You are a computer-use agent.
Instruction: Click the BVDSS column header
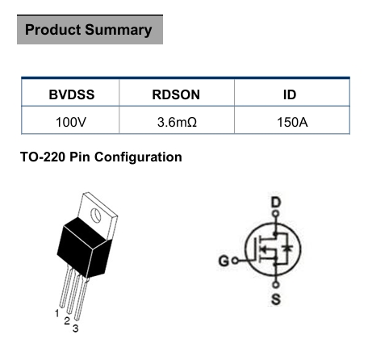pyautogui.click(x=72, y=94)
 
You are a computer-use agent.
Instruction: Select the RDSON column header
pyautogui.click(x=176, y=94)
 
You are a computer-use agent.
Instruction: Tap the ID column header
pyautogui.click(x=290, y=94)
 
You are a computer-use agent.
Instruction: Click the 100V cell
pyautogui.click(x=71, y=122)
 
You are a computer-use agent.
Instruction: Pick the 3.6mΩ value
pyautogui.click(x=177, y=122)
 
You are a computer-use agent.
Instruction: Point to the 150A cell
pyautogui.click(x=292, y=122)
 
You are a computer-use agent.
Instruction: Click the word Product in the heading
pyautogui.click(x=52, y=29)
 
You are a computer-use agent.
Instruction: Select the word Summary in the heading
pyautogui.click(x=119, y=30)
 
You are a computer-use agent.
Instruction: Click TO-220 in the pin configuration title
pyautogui.click(x=43, y=157)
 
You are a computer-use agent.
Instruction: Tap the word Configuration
pyautogui.click(x=138, y=157)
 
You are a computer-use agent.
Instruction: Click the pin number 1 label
pyautogui.click(x=57, y=313)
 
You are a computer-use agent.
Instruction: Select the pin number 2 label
pyautogui.click(x=67, y=320)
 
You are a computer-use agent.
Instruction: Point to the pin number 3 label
pyautogui.click(x=76, y=329)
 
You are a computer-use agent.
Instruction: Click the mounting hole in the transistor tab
pyautogui.click(x=96, y=215)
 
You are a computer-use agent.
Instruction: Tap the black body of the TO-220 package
pyautogui.click(x=85, y=248)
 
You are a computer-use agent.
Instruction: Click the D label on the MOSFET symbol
pyautogui.click(x=276, y=203)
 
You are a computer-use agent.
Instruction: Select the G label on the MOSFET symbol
pyautogui.click(x=224, y=261)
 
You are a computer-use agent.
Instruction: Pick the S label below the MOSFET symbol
pyautogui.click(x=276, y=299)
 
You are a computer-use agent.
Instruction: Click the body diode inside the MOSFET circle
pyautogui.click(x=288, y=248)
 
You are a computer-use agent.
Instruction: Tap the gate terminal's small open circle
pyautogui.click(x=235, y=261)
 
